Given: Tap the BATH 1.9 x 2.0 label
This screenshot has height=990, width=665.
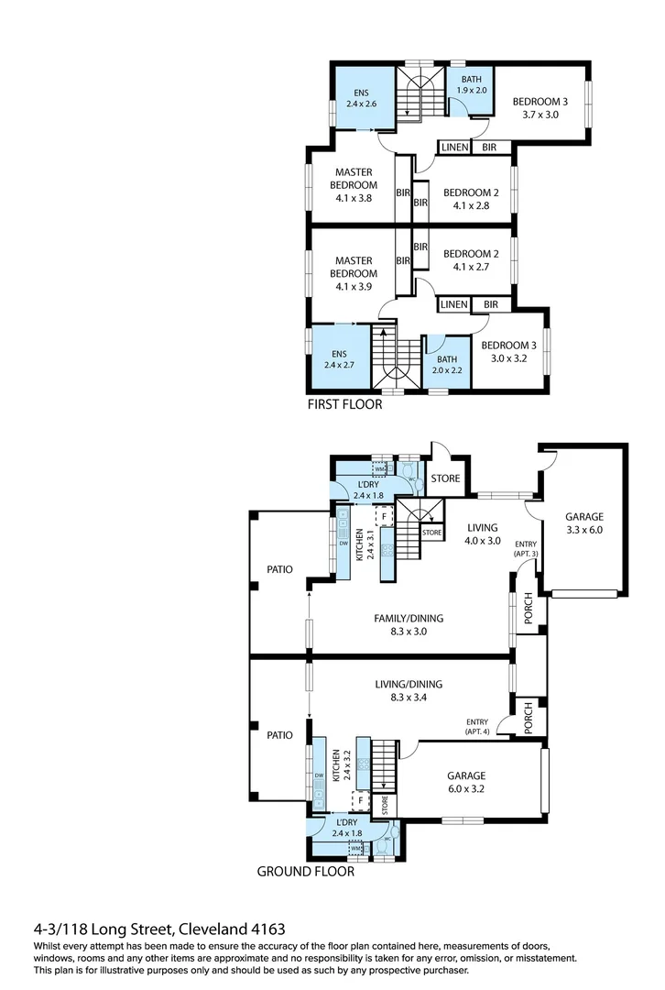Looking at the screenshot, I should point(471,85).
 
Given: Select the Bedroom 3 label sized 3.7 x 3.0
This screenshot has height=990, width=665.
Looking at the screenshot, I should point(540,108).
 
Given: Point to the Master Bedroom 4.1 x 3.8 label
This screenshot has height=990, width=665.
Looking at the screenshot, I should point(354,184).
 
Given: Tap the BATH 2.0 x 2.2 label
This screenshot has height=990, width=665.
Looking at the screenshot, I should point(446,366).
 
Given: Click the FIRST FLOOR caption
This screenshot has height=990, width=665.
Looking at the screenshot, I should point(345,403).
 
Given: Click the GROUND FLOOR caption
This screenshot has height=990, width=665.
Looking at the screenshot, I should point(305,872).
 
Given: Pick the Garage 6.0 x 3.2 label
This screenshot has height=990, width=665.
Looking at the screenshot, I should point(466,782).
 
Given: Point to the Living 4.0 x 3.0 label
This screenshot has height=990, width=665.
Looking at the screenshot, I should point(482,533).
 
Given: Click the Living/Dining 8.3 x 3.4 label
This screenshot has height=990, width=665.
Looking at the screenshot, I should point(409,690).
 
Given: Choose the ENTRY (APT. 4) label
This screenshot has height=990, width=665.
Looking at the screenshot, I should point(477,727).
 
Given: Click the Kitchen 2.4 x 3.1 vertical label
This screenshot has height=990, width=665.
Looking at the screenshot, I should point(365,544).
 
